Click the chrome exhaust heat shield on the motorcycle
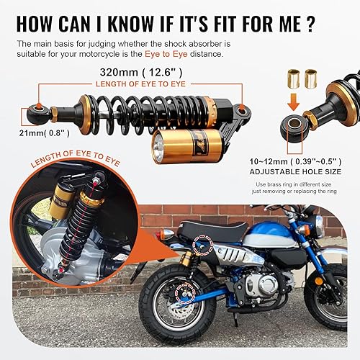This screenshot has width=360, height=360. click(x=228, y=266)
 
